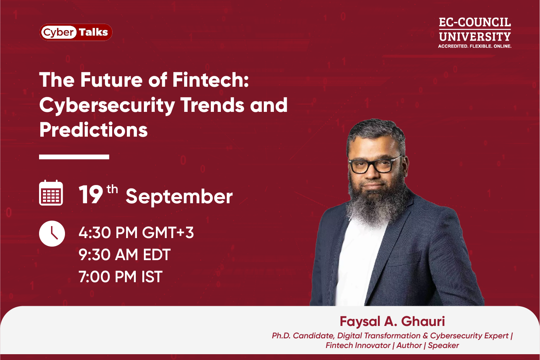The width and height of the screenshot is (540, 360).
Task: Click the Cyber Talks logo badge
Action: pyautogui.click(x=76, y=32)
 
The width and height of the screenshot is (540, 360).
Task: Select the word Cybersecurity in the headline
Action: pyautogui.click(x=107, y=105)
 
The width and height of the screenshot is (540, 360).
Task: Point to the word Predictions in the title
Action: pyautogui.click(x=94, y=130)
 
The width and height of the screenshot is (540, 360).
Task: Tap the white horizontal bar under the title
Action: pyautogui.click(x=74, y=157)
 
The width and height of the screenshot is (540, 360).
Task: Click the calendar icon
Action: pyautogui.click(x=51, y=193)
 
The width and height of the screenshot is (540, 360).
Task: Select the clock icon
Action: pyautogui.click(x=52, y=233)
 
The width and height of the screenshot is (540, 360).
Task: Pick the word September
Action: pyautogui.click(x=179, y=197)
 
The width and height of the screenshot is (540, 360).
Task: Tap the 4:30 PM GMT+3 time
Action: pyautogui.click(x=136, y=233)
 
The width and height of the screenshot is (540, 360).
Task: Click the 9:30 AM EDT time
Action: pyautogui.click(x=125, y=255)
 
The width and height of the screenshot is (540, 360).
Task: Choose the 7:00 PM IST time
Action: pyautogui.click(x=120, y=277)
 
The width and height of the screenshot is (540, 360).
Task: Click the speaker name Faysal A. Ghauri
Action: pyautogui.click(x=392, y=321)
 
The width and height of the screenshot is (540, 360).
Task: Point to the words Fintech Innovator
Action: pyautogui.click(x=358, y=345)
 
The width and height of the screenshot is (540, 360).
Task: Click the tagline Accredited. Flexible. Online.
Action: pyautogui.click(x=475, y=46)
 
